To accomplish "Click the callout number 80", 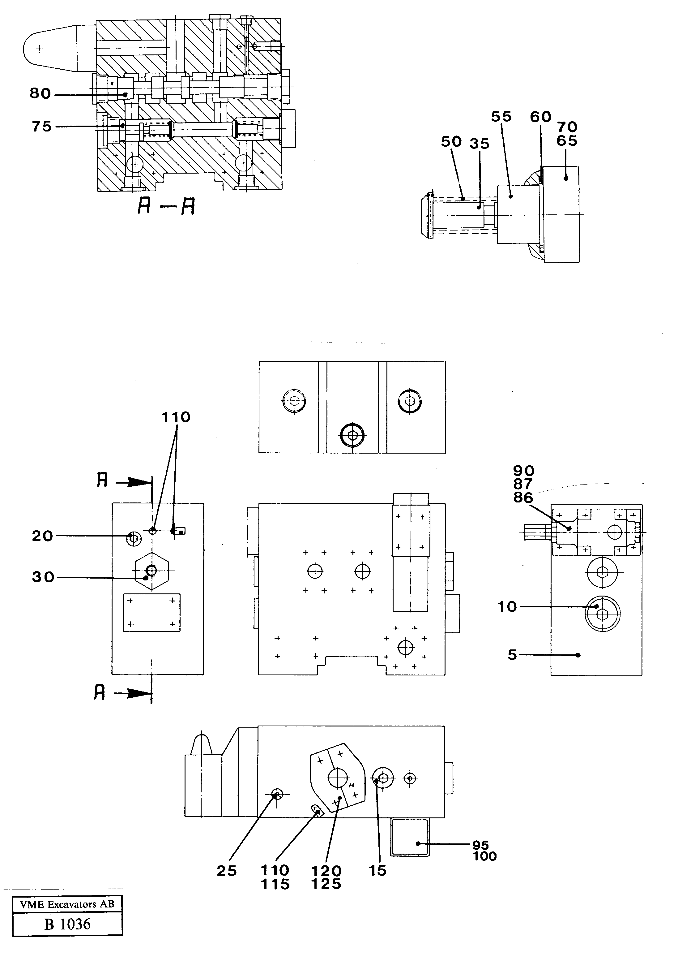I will [x=40, y=93].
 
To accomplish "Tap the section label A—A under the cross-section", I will [x=166, y=206].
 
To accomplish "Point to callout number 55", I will [x=501, y=117].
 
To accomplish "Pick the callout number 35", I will [x=479, y=144].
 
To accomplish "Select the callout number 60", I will [x=540, y=117].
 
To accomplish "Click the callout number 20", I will [x=42, y=536].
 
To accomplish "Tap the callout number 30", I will [x=43, y=577].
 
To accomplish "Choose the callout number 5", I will [x=512, y=655].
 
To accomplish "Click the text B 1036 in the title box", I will [x=67, y=924].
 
